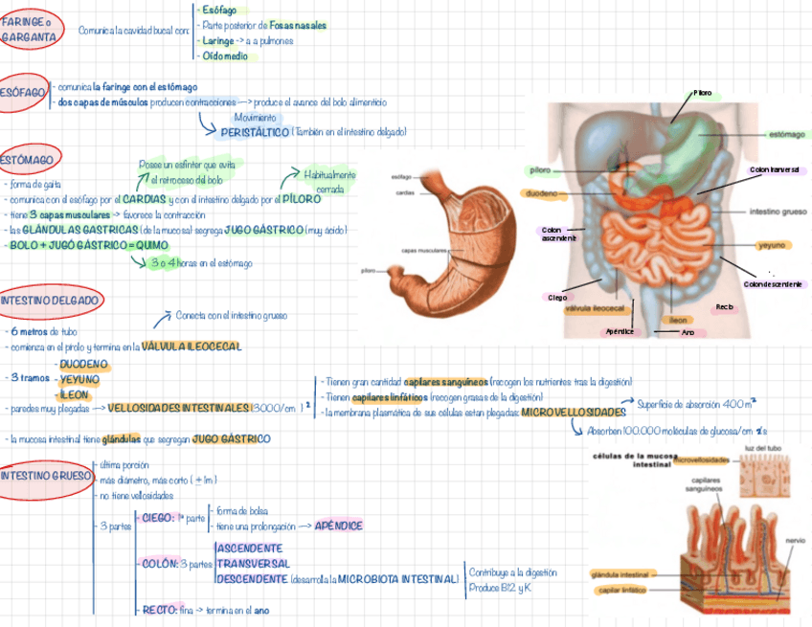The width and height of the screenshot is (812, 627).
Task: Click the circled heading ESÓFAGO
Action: (x=22, y=92)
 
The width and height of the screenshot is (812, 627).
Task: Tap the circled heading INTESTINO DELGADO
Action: (x=49, y=300)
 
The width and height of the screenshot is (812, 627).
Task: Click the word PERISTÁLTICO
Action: (x=254, y=132)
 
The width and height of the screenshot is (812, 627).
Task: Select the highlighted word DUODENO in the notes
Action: (x=84, y=365)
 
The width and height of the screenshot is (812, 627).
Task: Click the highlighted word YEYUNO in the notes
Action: (x=79, y=379)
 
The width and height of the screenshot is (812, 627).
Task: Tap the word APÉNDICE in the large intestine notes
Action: (x=338, y=526)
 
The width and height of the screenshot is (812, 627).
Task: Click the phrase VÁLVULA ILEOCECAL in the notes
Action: (x=192, y=346)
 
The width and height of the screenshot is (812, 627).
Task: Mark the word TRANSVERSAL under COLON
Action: (x=253, y=564)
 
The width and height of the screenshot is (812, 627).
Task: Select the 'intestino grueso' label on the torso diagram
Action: (x=777, y=211)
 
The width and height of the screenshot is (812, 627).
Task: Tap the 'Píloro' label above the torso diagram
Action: (x=703, y=93)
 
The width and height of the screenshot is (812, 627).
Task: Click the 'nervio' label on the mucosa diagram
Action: (x=794, y=540)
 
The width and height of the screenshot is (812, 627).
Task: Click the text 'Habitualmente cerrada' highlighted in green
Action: (x=329, y=182)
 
